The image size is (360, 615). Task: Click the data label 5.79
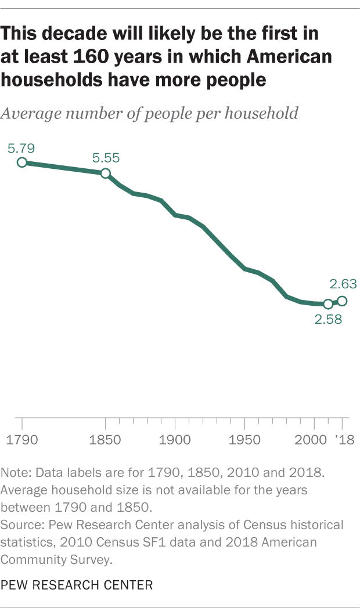[22, 149]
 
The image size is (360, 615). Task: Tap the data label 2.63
[343, 284]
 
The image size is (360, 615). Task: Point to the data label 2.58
[329, 319]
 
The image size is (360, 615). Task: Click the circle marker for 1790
[22, 162]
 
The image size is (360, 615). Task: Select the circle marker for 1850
[106, 173]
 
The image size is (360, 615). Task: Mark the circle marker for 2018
[342, 301]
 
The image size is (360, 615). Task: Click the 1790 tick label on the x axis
[22, 439]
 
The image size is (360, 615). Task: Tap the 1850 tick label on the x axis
[106, 439]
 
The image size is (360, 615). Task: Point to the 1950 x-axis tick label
[244, 439]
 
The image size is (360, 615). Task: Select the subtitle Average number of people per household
[150, 113]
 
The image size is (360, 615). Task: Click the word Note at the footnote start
[14, 473]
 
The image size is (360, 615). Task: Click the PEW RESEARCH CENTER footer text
[77, 585]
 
